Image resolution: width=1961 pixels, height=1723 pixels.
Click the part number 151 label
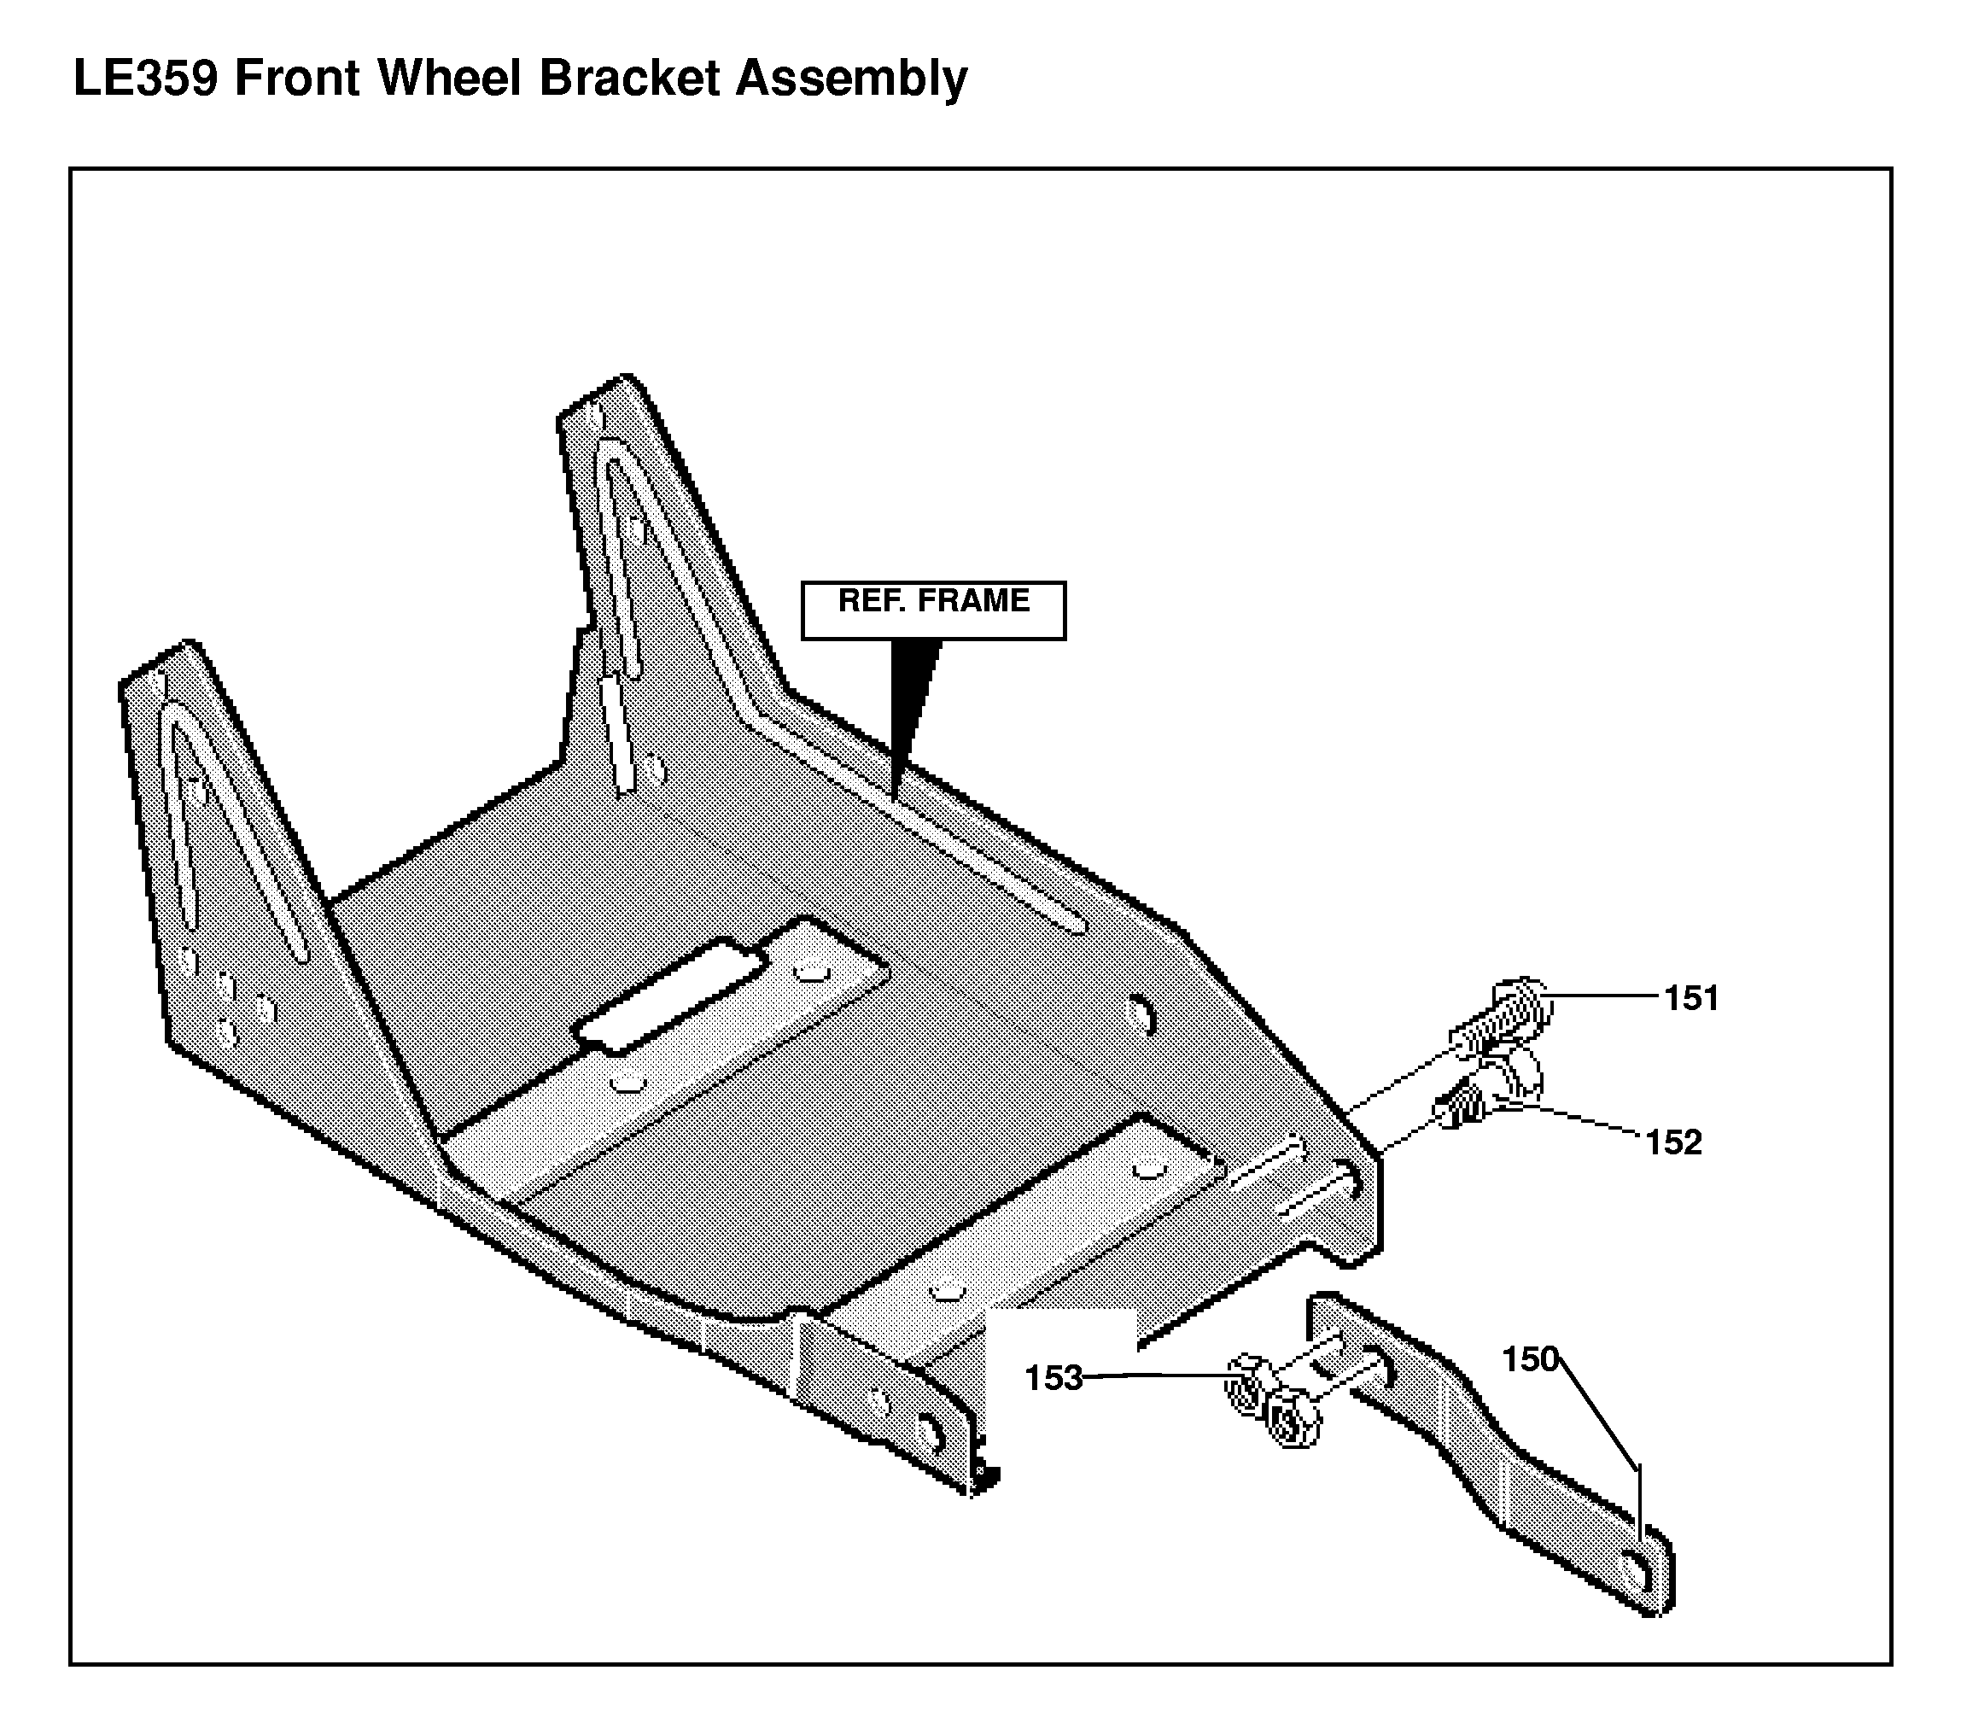click(x=1691, y=999)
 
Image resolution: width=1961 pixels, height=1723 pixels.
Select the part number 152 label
click(x=1673, y=1142)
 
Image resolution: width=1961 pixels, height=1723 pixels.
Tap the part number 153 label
click(x=1053, y=1379)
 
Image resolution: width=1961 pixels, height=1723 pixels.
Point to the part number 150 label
click(x=1529, y=1359)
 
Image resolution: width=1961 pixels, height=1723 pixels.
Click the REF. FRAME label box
click(x=933, y=610)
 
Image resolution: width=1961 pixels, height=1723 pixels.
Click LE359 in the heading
click(x=146, y=79)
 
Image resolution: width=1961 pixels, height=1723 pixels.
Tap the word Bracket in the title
click(x=629, y=79)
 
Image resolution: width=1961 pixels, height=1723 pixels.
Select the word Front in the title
click(x=297, y=79)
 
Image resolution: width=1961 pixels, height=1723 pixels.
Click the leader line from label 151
click(x=1604, y=996)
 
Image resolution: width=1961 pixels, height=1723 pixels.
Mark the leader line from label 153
click(x=1155, y=1376)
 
